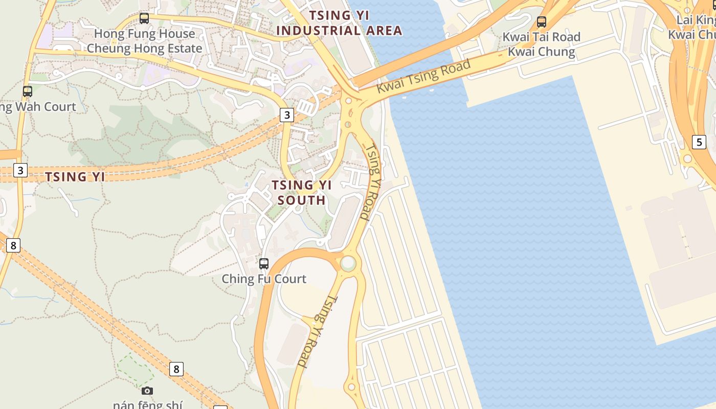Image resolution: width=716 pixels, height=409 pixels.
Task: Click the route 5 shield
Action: pos(699,142)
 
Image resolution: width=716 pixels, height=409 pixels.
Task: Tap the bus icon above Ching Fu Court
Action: pos(264,264)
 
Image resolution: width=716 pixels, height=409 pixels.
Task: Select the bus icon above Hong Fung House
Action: pos(144,18)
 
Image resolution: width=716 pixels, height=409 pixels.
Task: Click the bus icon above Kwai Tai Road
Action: pos(542,22)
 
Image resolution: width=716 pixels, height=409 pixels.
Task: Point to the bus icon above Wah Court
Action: pos(28,92)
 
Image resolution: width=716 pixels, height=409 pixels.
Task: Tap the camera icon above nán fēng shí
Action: pos(147,391)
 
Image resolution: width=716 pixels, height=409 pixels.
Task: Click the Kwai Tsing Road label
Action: pos(423,77)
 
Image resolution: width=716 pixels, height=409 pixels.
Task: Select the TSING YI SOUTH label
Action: pos(302,192)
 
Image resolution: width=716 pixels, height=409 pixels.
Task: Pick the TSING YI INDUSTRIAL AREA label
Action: pos(340,23)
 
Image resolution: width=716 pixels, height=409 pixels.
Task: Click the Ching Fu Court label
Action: pos(264,279)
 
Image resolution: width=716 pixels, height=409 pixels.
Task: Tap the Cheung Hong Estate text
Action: pos(144,49)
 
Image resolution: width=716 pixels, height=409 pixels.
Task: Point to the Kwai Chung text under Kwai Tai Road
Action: pos(542,52)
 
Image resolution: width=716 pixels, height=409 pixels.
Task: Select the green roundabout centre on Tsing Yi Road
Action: pos(348,263)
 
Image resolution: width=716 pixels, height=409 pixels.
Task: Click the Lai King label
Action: pos(696,19)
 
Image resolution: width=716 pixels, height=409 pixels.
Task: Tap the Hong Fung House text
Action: pos(144,34)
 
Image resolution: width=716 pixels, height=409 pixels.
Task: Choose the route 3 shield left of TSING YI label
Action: pos(20,170)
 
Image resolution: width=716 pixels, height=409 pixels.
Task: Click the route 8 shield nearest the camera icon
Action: pos(176,369)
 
